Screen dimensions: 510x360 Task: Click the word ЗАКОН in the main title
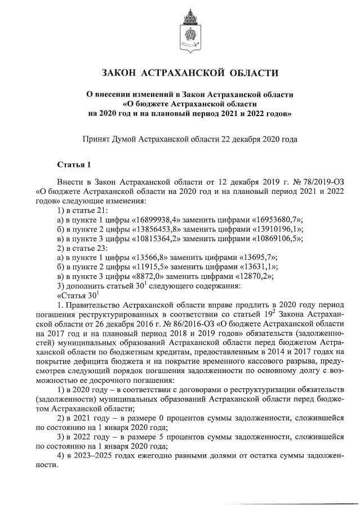(x=121, y=73)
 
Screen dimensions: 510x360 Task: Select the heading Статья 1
(x=74, y=165)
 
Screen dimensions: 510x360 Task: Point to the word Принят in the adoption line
(x=96, y=138)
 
